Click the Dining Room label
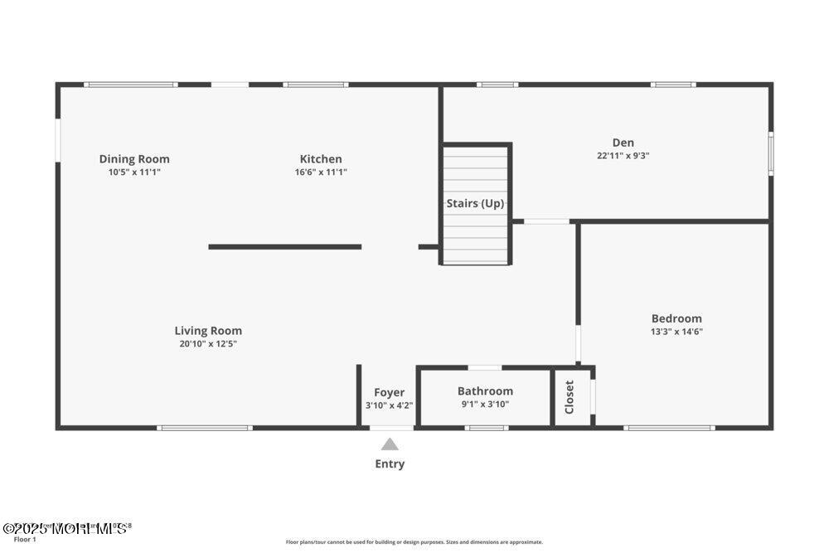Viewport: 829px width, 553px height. tap(134, 159)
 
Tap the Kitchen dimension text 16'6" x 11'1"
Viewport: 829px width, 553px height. tap(321, 172)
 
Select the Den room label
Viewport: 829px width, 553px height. tap(623, 143)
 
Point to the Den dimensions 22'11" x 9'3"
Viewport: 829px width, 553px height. tap(623, 155)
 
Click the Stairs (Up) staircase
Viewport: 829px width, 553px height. tap(475, 204)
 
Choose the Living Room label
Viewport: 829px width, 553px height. tap(208, 331)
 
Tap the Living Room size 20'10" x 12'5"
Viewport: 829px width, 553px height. tap(208, 343)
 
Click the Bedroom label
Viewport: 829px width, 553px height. tap(676, 318)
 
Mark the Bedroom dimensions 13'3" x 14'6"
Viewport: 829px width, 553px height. tap(676, 331)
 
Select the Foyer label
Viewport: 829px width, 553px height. tap(389, 392)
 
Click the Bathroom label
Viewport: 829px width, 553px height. tap(485, 391)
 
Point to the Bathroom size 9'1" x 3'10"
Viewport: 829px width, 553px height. tap(485, 405)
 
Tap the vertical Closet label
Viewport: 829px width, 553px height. tap(570, 397)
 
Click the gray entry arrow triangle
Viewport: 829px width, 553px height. tap(390, 444)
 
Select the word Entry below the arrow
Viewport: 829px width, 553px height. tap(390, 464)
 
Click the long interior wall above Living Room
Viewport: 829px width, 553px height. tap(284, 246)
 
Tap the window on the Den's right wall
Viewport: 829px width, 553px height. tap(770, 153)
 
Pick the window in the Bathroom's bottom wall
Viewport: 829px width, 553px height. tap(486, 428)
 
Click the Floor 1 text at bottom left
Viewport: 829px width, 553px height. tap(25, 540)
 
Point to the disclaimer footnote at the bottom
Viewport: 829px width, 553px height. tap(414, 542)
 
